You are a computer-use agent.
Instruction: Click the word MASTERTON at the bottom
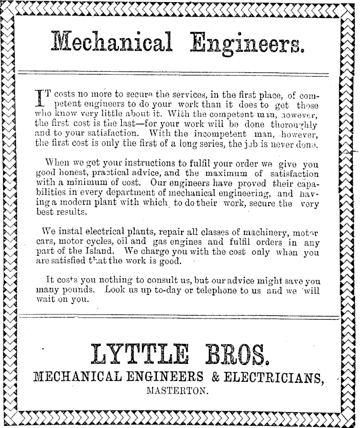tap(177, 392)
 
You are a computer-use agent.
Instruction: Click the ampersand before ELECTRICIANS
tap(217, 378)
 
